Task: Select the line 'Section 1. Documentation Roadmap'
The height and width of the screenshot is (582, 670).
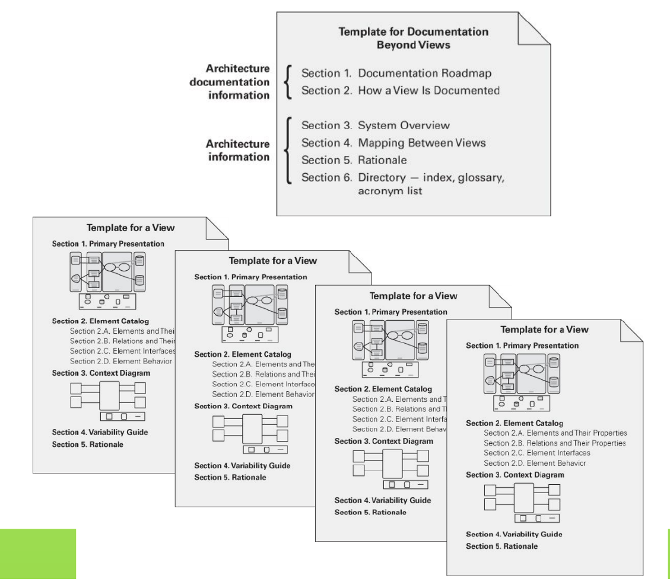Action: pyautogui.click(x=396, y=75)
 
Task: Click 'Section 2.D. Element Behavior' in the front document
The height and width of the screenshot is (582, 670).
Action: pyautogui.click(x=535, y=463)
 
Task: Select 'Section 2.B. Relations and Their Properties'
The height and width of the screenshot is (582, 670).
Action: pyautogui.click(x=555, y=443)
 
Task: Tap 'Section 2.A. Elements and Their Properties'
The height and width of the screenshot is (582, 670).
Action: pyautogui.click(x=555, y=433)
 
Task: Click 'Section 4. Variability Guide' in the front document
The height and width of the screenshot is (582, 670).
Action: pyautogui.click(x=514, y=534)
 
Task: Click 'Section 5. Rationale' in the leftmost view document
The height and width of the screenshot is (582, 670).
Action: pyautogui.click(x=88, y=444)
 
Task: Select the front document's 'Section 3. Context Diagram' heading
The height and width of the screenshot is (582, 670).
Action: pyautogui.click(x=515, y=475)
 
